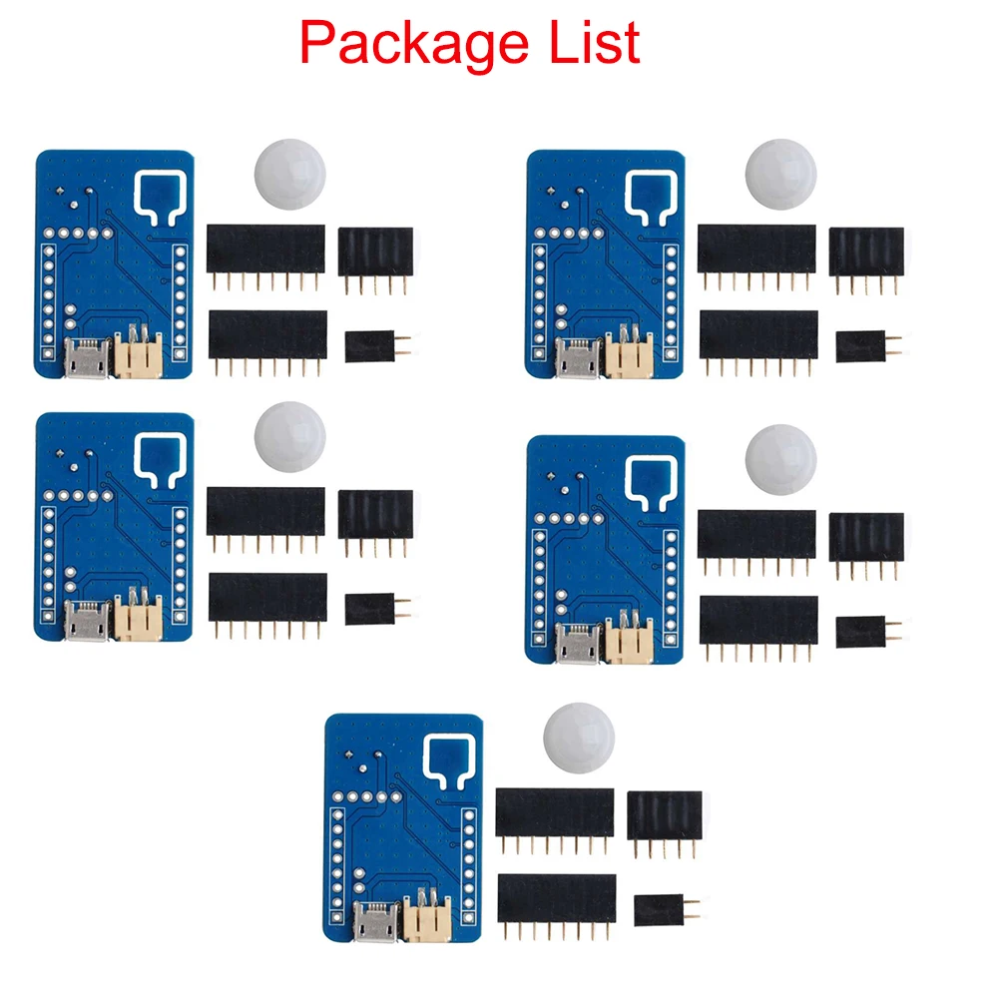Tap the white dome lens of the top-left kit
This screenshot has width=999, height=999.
tap(289, 175)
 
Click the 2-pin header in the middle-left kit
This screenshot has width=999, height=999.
tap(370, 609)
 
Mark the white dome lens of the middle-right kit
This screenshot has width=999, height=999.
tap(779, 459)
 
